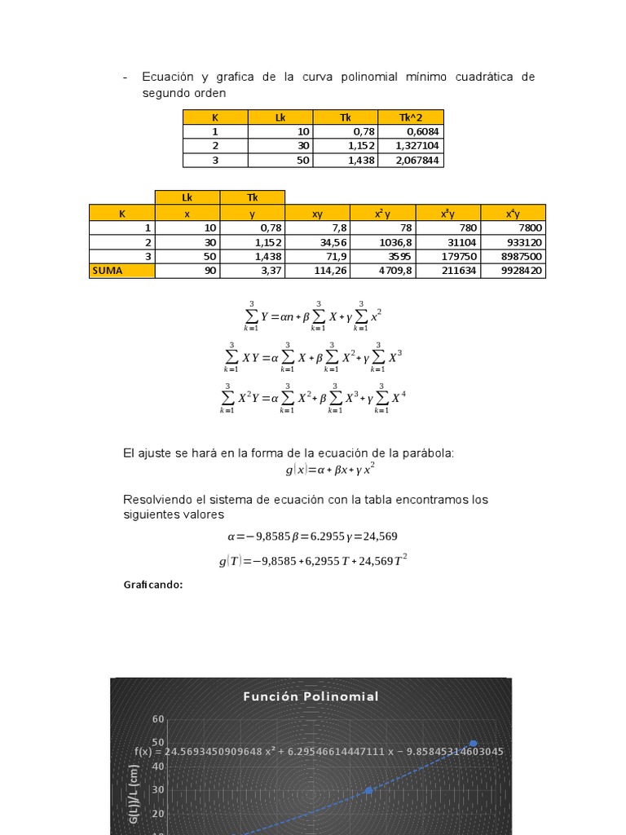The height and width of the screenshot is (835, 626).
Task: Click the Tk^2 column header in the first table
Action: (x=411, y=117)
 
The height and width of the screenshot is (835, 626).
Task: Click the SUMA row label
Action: (x=108, y=271)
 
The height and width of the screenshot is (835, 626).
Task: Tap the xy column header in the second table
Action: (x=317, y=213)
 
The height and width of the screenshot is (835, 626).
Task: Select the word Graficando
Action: (x=153, y=585)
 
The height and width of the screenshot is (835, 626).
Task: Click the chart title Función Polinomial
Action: (x=311, y=696)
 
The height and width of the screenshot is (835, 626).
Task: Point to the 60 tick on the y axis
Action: (x=158, y=719)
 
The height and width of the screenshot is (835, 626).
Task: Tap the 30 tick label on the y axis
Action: (x=158, y=789)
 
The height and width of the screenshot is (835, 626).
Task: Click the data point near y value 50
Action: (x=474, y=743)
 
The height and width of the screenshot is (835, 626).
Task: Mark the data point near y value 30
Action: (x=368, y=790)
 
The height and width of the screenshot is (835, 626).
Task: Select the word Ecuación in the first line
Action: (x=168, y=77)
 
